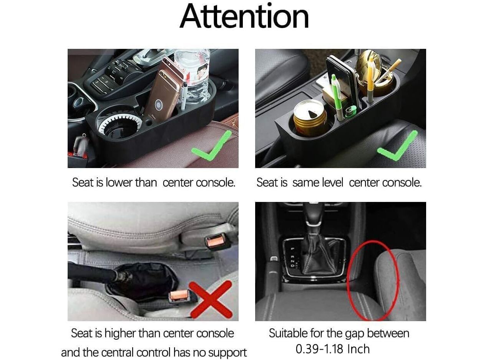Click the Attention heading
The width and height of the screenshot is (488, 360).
click(244, 17)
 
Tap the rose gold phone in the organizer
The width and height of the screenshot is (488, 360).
click(164, 92)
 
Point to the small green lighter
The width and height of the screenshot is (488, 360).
click(351, 112)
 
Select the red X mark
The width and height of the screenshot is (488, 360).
click(211, 300)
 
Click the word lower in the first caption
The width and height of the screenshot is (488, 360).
click(119, 182)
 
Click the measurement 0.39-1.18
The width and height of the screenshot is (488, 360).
click(320, 349)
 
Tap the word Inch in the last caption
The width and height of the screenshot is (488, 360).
click(359, 349)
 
